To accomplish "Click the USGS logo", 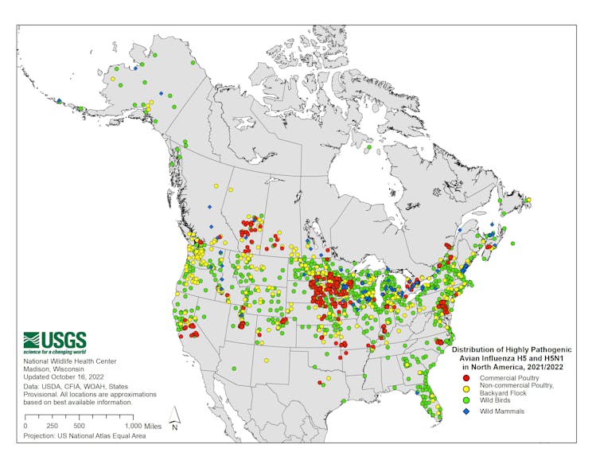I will click(x=55, y=342).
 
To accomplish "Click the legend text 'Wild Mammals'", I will click(x=501, y=411).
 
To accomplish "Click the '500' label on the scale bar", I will click(x=79, y=426).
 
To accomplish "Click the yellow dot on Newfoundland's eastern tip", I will click(x=528, y=200).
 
